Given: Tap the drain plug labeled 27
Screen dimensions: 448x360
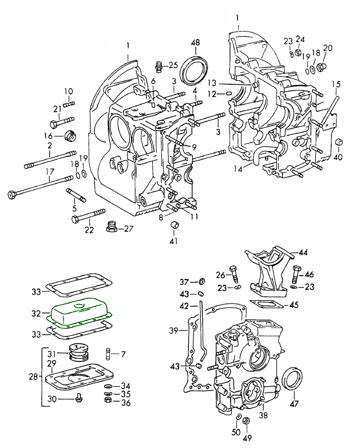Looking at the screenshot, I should pos(112,229).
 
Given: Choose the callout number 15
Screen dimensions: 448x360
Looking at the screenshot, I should pos(337,85).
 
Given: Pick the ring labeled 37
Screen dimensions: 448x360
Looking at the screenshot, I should pos(201,281).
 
